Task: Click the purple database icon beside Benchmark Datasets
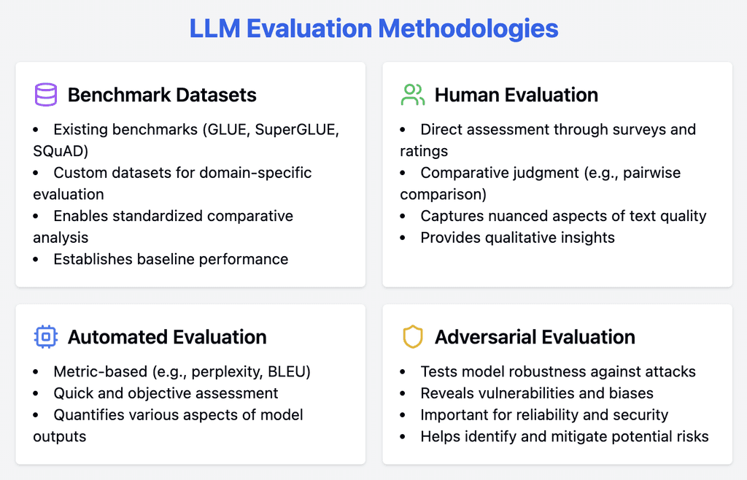(45, 95)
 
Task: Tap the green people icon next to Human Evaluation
(412, 95)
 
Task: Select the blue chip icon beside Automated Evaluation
(45, 337)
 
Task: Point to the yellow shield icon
(412, 337)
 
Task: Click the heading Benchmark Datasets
(162, 95)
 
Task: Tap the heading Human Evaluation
(516, 95)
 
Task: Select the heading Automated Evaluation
(167, 337)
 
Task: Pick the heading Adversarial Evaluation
(535, 337)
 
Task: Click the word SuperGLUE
(297, 130)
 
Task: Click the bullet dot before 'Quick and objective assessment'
(36, 394)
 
